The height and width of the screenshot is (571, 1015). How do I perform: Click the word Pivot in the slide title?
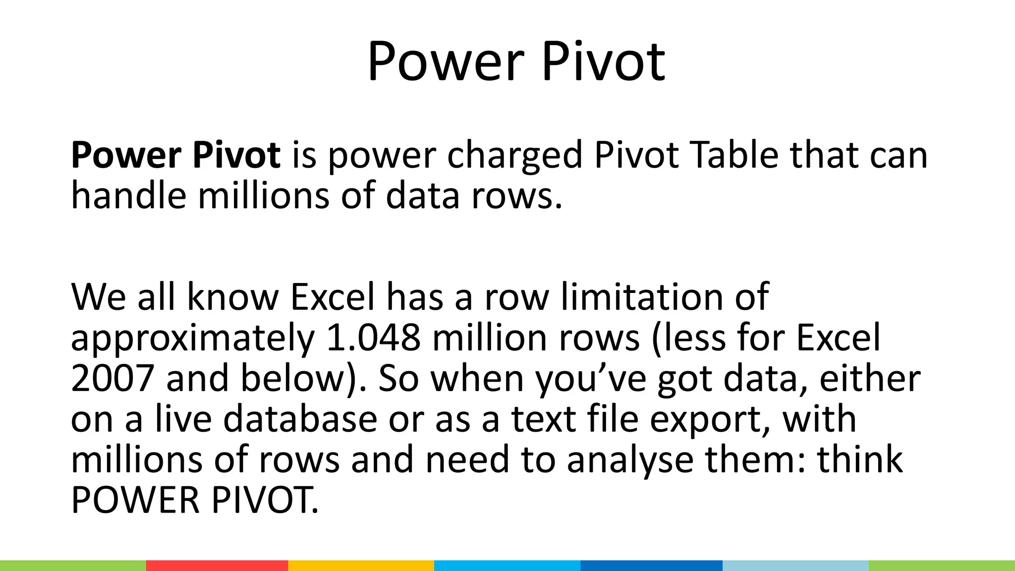tap(603, 63)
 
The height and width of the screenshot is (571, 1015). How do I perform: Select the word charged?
tap(515, 156)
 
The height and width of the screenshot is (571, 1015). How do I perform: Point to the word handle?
tap(128, 196)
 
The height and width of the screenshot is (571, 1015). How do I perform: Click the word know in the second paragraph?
tap(233, 297)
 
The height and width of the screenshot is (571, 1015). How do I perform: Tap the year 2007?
tap(112, 379)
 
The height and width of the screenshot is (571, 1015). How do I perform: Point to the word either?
tap(870, 379)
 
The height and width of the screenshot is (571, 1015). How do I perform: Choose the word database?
tap(300, 419)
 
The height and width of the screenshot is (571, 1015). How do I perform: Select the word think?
tap(859, 460)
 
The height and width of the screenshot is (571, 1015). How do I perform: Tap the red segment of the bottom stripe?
tap(217, 566)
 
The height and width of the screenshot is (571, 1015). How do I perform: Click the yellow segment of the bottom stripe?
tap(361, 566)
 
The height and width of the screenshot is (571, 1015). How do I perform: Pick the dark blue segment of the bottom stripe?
tap(651, 566)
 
